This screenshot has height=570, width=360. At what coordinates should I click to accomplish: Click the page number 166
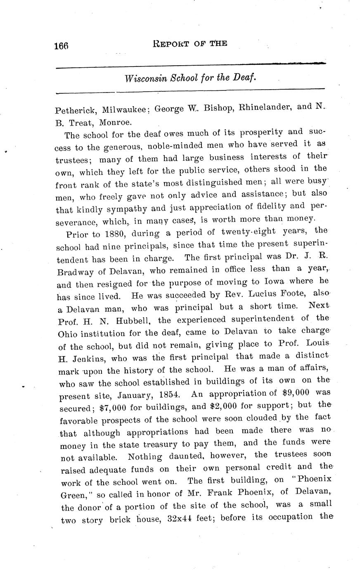point(61,46)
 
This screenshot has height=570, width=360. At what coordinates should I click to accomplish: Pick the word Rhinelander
point(265,107)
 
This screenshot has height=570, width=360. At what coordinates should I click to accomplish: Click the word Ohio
point(69,333)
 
